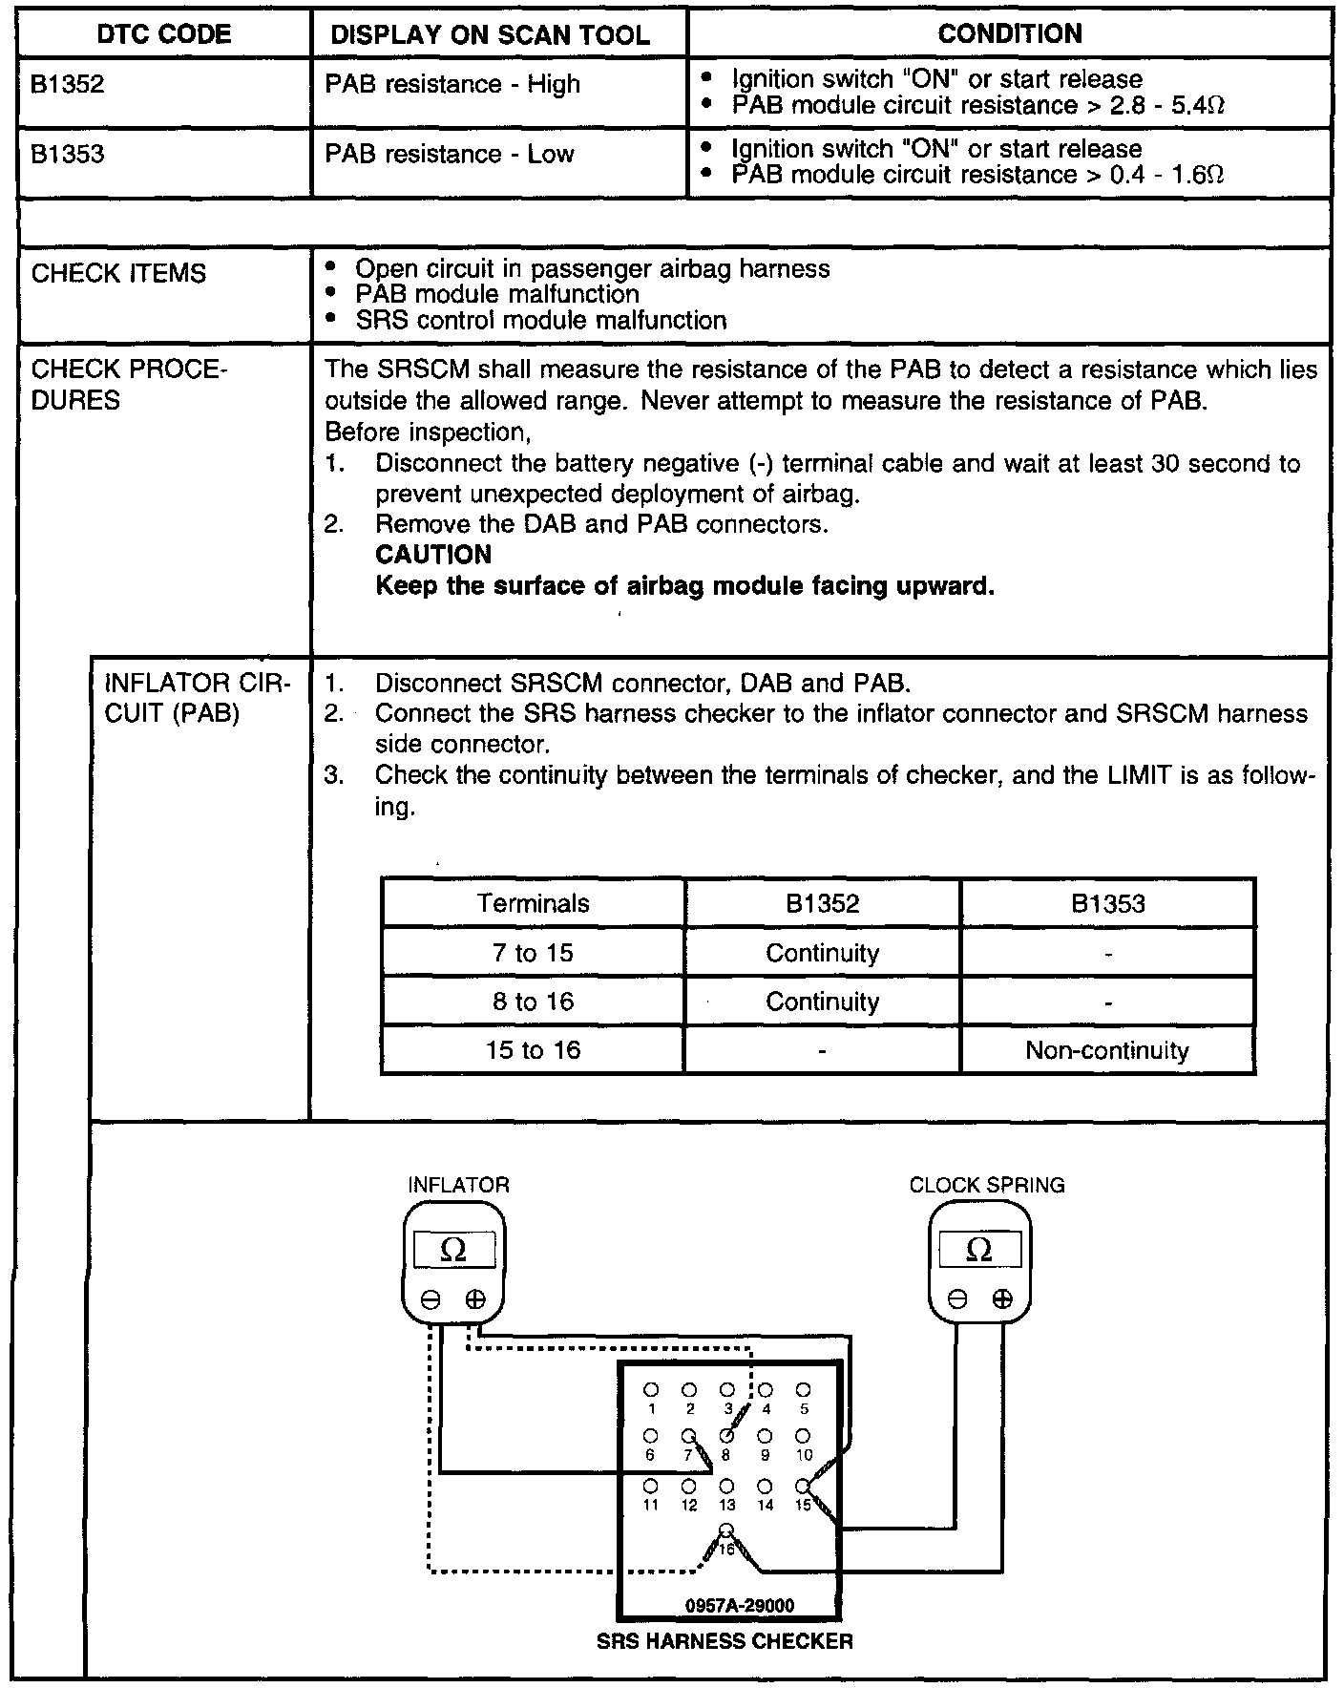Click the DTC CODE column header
point(164,35)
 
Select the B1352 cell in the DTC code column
point(67,85)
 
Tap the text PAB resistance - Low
point(449,155)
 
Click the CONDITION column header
point(1010,34)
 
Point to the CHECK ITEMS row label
point(118,274)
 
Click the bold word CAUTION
point(433,555)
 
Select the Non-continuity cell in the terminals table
point(1107,1051)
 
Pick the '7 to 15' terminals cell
point(533,953)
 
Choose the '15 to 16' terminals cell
point(533,1051)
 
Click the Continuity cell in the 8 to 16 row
point(822,1002)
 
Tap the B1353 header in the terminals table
point(1107,903)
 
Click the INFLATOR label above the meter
point(458,1185)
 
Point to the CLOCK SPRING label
point(986,1185)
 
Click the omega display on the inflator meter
point(454,1250)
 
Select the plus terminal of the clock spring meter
point(1001,1298)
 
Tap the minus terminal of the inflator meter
point(430,1299)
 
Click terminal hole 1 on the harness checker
point(651,1389)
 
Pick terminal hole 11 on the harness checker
point(651,1487)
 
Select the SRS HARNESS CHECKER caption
point(724,1642)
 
